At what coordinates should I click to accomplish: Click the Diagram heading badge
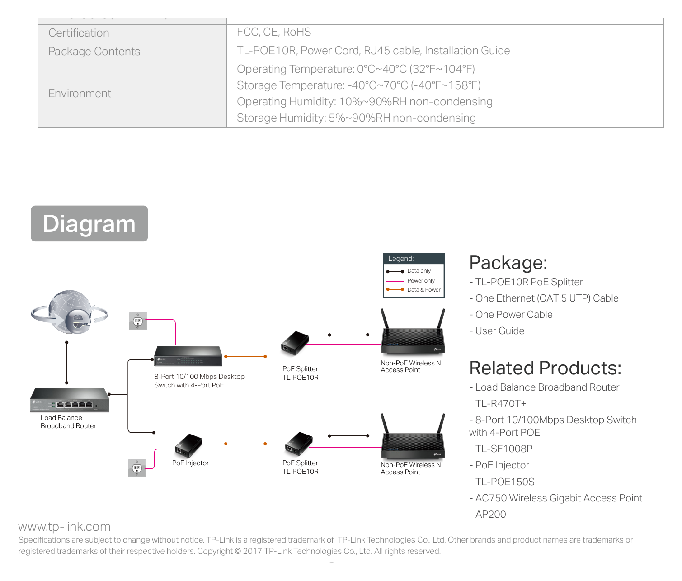[x=89, y=223]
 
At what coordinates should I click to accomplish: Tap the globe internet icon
[x=70, y=312]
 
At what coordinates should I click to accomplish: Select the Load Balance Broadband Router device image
[x=70, y=400]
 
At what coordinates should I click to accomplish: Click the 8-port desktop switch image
[x=188, y=356]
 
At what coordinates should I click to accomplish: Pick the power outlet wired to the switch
[x=137, y=321]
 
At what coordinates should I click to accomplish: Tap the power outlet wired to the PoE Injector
[x=137, y=468]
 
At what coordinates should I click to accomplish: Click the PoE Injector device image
[x=188, y=445]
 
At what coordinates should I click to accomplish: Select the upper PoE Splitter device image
[x=295, y=343]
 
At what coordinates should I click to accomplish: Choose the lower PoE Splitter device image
[x=299, y=444]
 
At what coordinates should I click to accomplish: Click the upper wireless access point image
[x=413, y=332]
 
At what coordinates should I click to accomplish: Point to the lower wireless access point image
[x=413, y=436]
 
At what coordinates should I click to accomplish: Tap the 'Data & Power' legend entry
[x=414, y=289]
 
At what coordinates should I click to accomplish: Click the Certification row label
[x=79, y=33]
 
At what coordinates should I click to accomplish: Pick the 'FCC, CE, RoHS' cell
[x=274, y=32]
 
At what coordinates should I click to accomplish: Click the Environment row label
[x=80, y=94]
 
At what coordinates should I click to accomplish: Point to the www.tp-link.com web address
[x=64, y=527]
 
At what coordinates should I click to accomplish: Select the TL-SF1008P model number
[x=504, y=449]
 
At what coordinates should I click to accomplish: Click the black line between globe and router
[x=66, y=363]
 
